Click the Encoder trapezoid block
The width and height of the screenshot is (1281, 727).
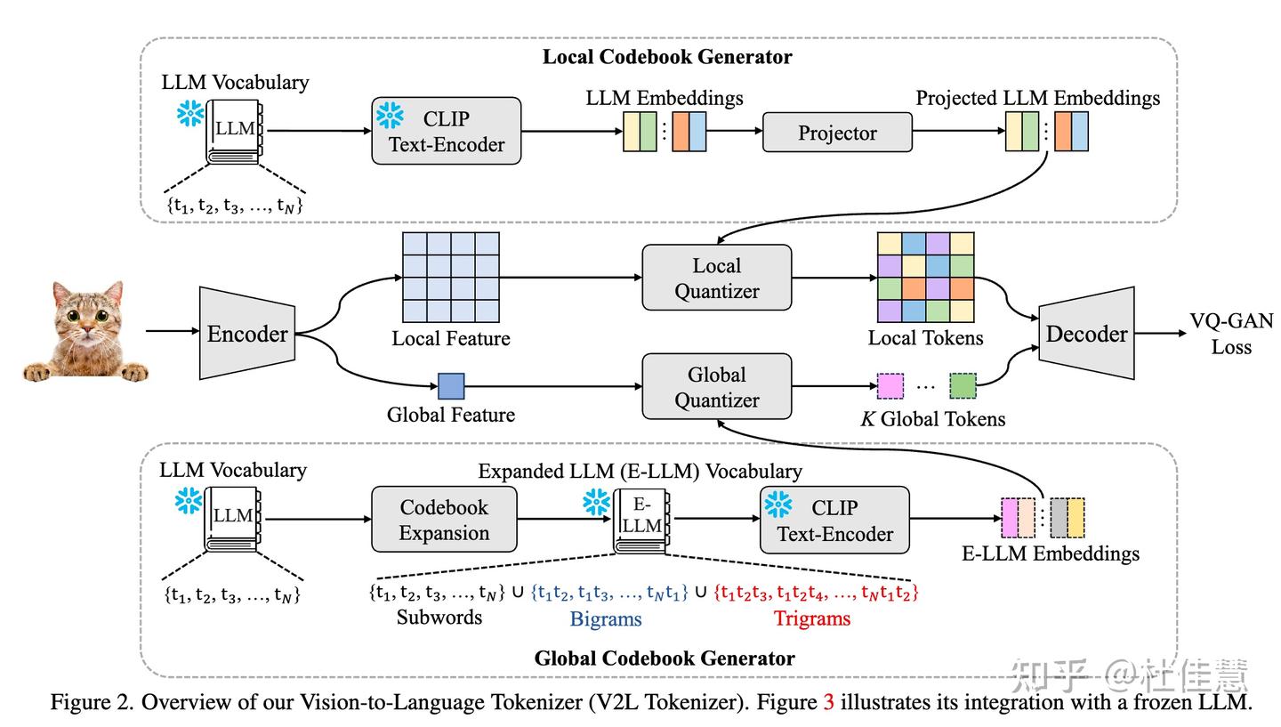pos(247,334)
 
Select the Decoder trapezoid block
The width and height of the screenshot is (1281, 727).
pos(1086,334)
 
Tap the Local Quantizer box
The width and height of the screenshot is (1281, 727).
pos(716,278)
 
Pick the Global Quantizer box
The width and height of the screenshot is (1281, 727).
pos(716,387)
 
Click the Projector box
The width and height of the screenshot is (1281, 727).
pos(836,133)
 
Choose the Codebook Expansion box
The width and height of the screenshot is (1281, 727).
pos(444,520)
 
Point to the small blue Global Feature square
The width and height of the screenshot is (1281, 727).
pos(451,386)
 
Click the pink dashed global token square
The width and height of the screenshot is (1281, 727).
pos(890,386)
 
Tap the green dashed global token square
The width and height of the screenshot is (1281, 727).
pos(963,386)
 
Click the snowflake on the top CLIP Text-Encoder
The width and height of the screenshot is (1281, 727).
pos(390,115)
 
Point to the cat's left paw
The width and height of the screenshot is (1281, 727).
pos(37,372)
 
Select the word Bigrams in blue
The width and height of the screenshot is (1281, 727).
pos(606,619)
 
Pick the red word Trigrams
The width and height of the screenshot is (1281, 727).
pos(811,618)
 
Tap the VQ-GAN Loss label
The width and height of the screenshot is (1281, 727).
pos(1231,334)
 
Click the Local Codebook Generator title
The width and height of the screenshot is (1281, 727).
pos(667,57)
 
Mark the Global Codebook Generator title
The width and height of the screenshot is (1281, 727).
pos(664,658)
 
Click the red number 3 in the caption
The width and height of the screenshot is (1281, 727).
pos(829,702)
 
